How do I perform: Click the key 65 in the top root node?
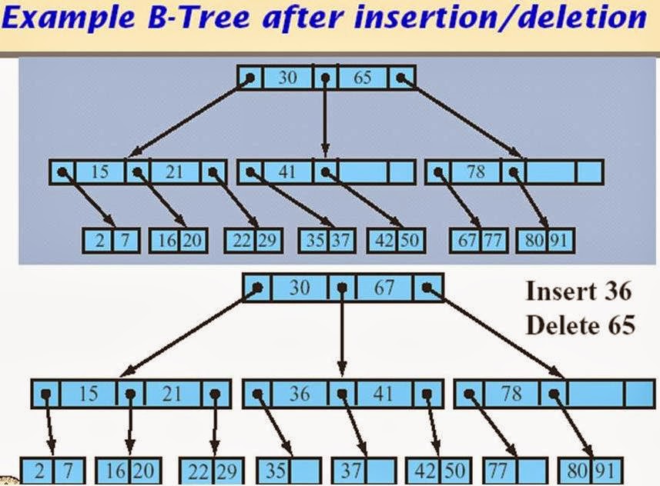(363, 78)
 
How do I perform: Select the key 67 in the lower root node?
(384, 288)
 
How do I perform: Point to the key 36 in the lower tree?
(300, 394)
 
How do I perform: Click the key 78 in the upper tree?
(476, 171)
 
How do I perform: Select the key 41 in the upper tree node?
(286, 171)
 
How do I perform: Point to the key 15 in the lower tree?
(88, 394)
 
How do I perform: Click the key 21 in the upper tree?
(175, 171)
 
